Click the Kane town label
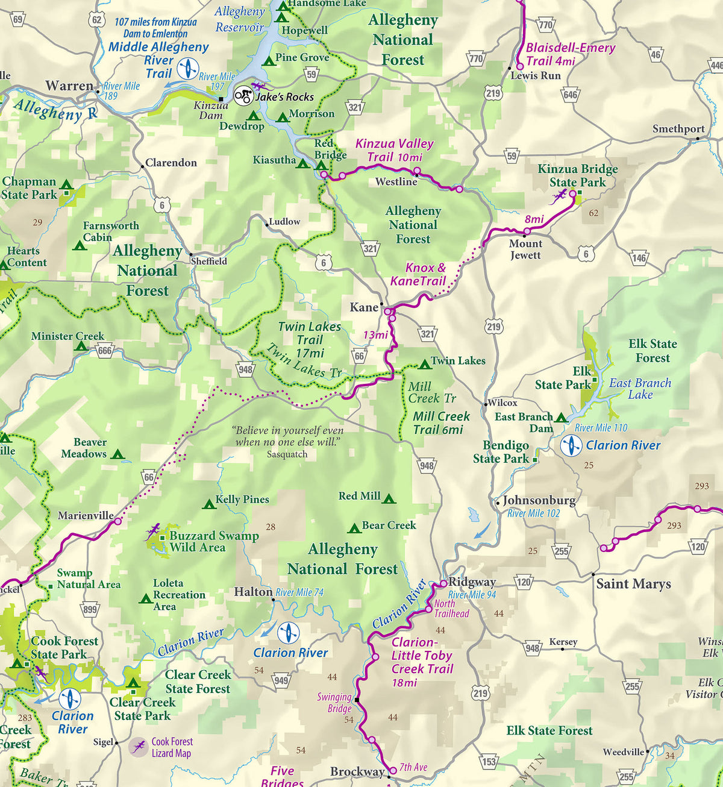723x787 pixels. click(364, 307)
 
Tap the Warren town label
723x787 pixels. click(69, 86)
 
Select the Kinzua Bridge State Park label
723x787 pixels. click(577, 175)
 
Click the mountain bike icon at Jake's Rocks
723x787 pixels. click(243, 96)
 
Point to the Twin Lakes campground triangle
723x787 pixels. click(424, 364)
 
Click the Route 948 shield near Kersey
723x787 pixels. click(533, 648)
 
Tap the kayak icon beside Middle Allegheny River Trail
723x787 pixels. click(187, 69)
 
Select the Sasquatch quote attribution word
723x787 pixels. click(287, 454)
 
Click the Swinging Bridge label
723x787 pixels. click(334, 703)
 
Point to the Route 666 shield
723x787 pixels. click(105, 351)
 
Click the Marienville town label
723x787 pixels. click(86, 515)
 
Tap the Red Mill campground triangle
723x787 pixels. click(389, 499)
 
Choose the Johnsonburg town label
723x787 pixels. click(539, 500)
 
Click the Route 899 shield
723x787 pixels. click(90, 609)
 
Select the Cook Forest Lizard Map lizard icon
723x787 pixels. click(139, 747)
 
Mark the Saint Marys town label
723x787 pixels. click(633, 583)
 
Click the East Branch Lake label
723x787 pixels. click(640, 389)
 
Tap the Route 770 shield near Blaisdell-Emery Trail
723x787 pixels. click(545, 25)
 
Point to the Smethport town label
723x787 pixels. click(678, 129)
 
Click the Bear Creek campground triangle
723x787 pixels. click(354, 528)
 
